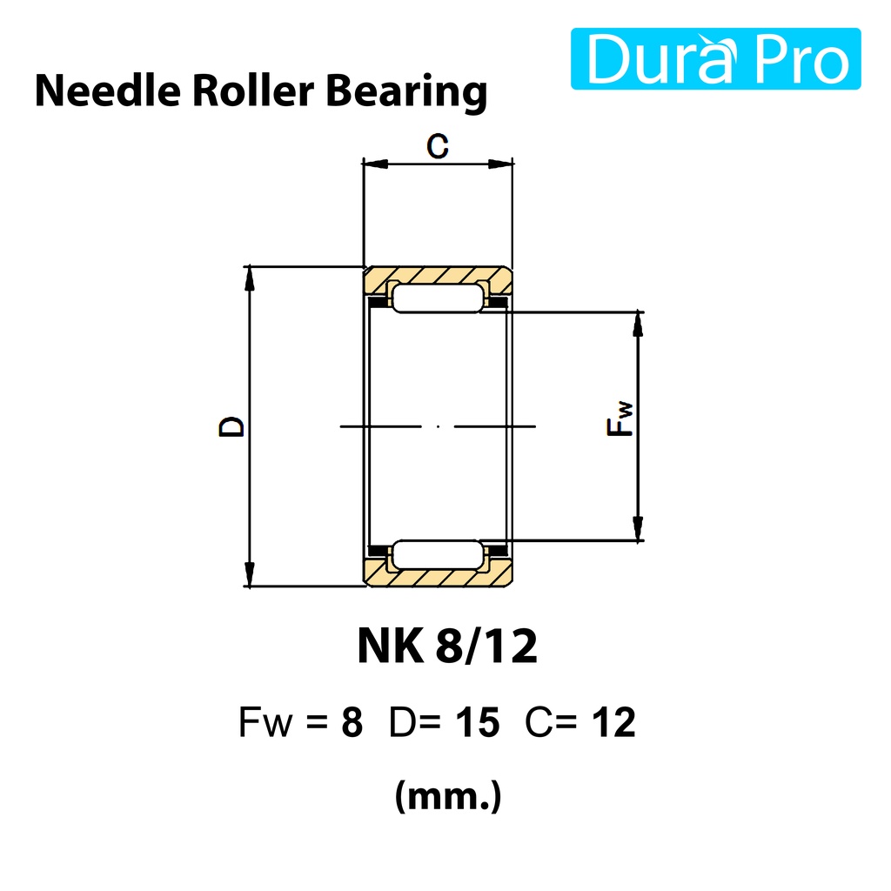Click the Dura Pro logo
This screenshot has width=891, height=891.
[x=715, y=58]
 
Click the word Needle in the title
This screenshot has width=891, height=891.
[x=108, y=90]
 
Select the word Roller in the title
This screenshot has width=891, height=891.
[x=253, y=90]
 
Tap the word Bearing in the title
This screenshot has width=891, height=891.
[x=407, y=92]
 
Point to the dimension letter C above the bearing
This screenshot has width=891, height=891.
[x=438, y=146]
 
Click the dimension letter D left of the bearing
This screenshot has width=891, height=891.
[x=231, y=426]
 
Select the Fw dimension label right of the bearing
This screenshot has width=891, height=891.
[x=620, y=419]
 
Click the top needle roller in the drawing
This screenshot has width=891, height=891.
[x=438, y=298]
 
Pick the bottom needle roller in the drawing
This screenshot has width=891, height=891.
[x=438, y=554]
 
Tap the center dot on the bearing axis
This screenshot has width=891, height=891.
[x=438, y=426]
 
